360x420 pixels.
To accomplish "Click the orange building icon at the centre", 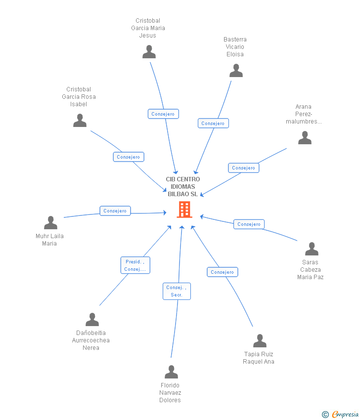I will click(184, 210).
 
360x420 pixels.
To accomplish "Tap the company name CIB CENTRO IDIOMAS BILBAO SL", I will click(182, 187).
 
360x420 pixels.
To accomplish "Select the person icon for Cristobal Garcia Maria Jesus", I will click(149, 52).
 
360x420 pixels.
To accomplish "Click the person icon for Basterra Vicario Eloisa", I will click(236, 71).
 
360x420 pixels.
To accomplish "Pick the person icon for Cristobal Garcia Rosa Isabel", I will click(80, 121).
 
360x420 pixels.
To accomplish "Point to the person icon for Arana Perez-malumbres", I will click(305, 138).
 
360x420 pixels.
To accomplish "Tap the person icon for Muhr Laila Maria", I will click(50, 223).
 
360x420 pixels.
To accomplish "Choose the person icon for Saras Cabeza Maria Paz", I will click(312, 249).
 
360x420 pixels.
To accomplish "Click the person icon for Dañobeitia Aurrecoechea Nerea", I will click(92, 320).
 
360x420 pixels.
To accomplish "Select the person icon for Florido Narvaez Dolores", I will click(171, 372).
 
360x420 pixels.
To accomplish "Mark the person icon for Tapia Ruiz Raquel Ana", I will click(260, 341).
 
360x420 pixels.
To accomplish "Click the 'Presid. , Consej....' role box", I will click(135, 265).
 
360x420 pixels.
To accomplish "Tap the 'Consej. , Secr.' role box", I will click(177, 291).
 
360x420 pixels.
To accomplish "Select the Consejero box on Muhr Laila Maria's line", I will click(115, 211).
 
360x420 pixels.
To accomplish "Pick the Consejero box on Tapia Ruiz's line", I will click(222, 272).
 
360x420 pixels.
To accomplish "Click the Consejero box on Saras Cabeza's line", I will click(249, 224).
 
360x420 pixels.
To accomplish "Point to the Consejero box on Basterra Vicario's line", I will click(213, 124).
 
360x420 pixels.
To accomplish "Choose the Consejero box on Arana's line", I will click(243, 168).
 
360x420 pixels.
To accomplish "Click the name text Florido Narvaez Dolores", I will click(170, 393).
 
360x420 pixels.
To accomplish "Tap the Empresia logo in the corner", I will click(345, 414).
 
